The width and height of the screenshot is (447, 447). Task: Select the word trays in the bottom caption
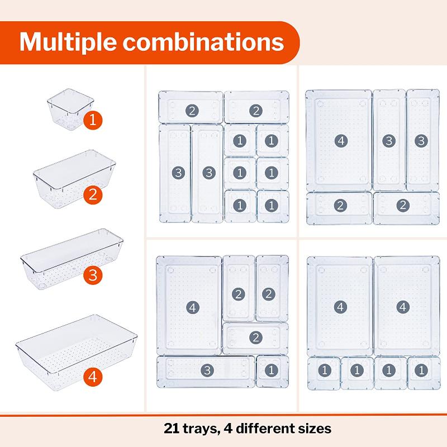(202, 429)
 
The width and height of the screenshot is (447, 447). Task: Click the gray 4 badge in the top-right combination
(339, 140)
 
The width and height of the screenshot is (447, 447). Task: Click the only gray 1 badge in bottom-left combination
(272, 370)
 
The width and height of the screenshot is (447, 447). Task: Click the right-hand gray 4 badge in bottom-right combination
(403, 307)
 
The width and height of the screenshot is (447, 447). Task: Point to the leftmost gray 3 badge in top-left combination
(178, 173)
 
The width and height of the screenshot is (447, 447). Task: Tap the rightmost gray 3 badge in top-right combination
(421, 140)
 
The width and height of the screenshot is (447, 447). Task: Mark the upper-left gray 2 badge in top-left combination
(192, 110)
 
